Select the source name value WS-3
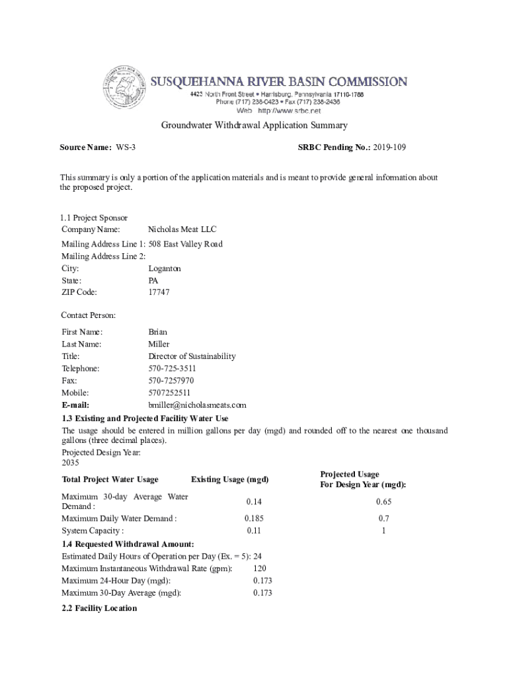click(x=126, y=147)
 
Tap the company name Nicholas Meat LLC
click(x=182, y=229)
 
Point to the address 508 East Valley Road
click(x=185, y=244)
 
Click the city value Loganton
click(x=165, y=268)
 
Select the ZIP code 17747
click(x=159, y=292)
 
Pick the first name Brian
click(x=158, y=332)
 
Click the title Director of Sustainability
click(x=192, y=356)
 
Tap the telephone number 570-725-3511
click(x=172, y=368)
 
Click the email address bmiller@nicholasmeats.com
click(x=197, y=405)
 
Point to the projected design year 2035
click(x=70, y=463)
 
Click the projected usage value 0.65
click(x=383, y=502)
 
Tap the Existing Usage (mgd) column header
click(x=229, y=479)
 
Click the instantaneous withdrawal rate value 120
click(x=260, y=569)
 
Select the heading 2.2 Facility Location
click(x=99, y=608)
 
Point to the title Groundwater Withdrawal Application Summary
click(x=255, y=126)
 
